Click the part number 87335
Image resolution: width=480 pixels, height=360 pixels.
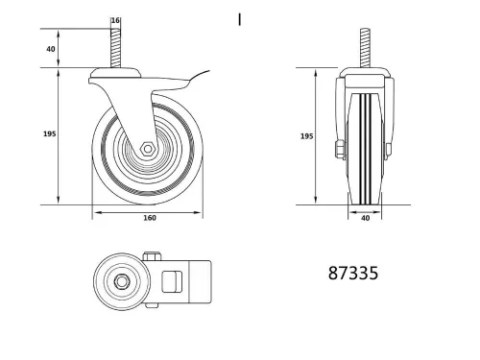pos(353,274)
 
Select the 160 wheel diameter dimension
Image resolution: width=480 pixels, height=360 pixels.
pos(150,217)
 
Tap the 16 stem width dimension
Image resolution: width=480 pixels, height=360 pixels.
pos(115,21)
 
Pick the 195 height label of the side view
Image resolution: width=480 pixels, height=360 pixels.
pos(49,133)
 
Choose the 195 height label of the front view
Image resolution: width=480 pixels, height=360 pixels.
pos(306,136)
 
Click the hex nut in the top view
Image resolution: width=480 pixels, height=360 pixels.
pos(124,281)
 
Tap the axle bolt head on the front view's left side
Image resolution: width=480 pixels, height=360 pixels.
pos(337,149)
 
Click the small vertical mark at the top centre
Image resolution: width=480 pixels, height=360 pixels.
pos(239,18)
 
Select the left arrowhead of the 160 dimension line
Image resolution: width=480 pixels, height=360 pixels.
pos(95,211)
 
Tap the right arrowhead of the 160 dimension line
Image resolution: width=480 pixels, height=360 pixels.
pos(205,211)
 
